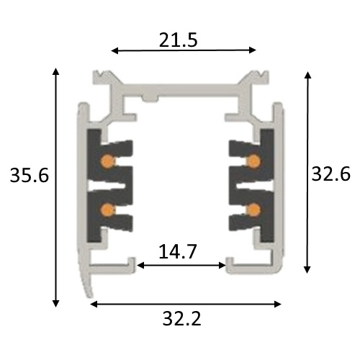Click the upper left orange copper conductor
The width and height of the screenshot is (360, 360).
pyautogui.click(x=107, y=159)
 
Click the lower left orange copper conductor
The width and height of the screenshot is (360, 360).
pyautogui.click(x=107, y=209)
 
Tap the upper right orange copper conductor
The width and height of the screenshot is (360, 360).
pyautogui.click(x=254, y=159)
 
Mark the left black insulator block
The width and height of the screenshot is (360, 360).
pyautogui.click(x=96, y=184)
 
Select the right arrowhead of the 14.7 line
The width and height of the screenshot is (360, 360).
pyautogui.click(x=223, y=266)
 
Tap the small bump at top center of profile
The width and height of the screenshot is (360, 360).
pyautogui.click(x=148, y=96)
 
